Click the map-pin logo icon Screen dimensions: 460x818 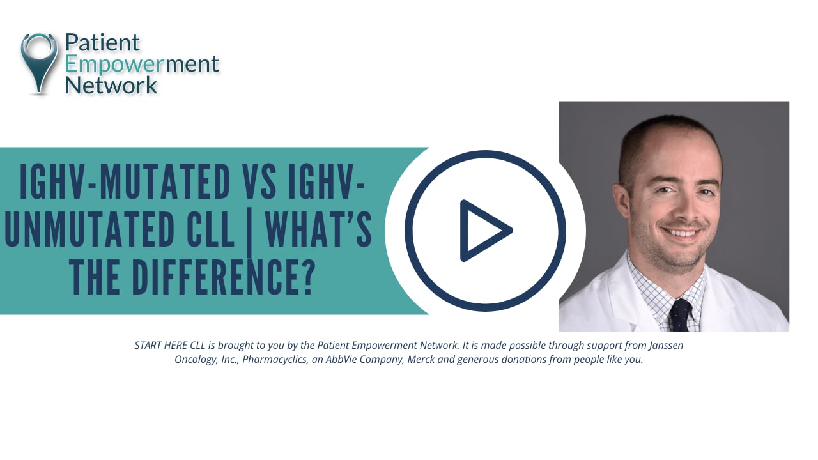pyautogui.click(x=39, y=63)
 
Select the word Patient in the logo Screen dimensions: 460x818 pyautogui.click(x=102, y=43)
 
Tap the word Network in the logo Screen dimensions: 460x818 pyautogui.click(x=111, y=84)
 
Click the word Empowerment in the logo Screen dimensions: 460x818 pyautogui.click(x=142, y=64)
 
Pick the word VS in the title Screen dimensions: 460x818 pyautogui.click(x=260, y=182)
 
